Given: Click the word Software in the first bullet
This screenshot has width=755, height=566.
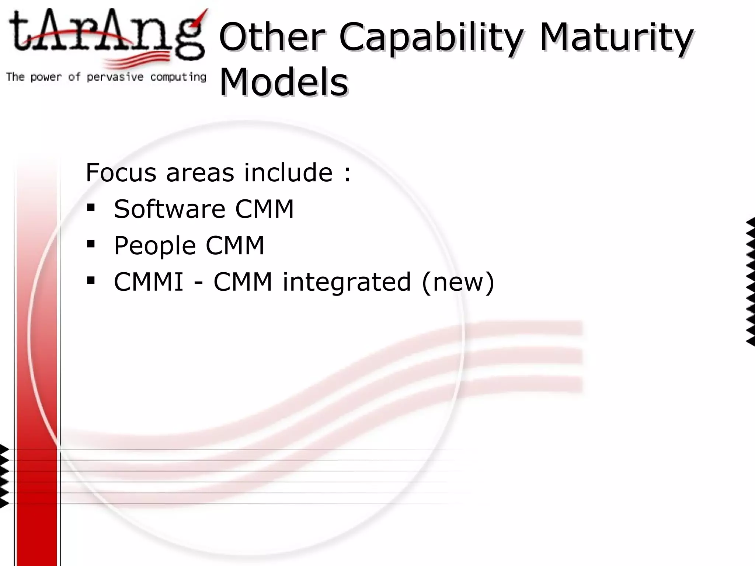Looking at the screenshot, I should [169, 209].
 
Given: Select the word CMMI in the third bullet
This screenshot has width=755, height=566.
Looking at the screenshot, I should [149, 282].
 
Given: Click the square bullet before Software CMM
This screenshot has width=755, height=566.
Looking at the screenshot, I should [91, 207].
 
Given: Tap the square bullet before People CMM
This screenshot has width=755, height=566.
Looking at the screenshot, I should [91, 244].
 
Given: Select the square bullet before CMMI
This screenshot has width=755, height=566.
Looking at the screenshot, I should [91, 280].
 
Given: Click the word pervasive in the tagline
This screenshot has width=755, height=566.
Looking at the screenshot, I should [115, 77].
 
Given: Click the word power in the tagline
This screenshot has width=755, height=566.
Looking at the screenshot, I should [46, 77].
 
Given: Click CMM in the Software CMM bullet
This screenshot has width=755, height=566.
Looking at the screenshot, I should [264, 209].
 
